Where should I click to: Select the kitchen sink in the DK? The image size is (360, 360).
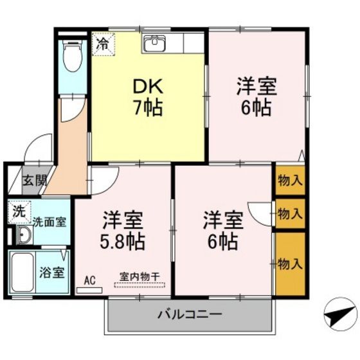155,44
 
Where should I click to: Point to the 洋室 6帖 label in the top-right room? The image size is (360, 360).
256,96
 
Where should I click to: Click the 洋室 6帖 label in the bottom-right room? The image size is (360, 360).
223,231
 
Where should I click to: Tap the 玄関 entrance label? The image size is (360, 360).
35,182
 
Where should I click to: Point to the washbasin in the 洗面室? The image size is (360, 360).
24,236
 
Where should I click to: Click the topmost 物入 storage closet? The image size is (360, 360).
289,181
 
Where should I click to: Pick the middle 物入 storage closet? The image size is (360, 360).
289,213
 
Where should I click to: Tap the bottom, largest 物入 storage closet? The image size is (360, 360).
289,262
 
